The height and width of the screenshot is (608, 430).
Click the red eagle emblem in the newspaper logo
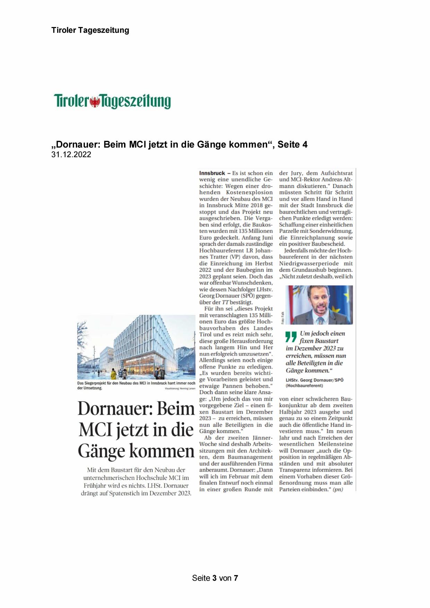click(94, 102)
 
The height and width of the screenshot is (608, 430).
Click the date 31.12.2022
click(71, 155)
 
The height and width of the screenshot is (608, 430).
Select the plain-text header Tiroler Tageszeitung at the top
click(90, 30)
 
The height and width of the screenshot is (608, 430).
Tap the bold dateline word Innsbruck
click(212, 173)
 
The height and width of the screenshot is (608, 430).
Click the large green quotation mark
click(291, 337)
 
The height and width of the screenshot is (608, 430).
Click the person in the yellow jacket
click(113, 374)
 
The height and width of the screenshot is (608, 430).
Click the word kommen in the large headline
click(162, 451)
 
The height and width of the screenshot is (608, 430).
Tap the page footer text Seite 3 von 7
click(215, 578)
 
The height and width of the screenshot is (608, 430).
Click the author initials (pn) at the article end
click(337, 490)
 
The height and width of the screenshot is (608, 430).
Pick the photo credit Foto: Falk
click(283, 317)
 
